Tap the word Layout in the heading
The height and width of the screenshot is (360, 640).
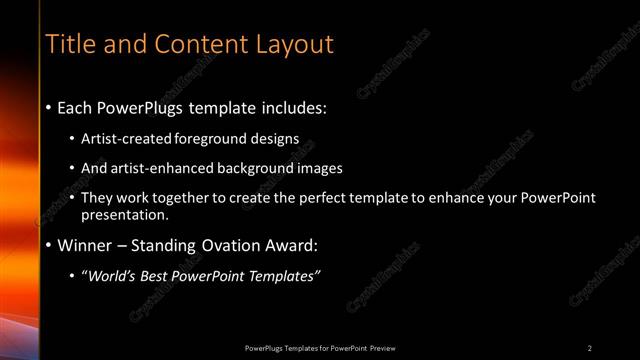pyautogui.click(x=295, y=44)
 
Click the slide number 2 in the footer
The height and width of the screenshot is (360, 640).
pyautogui.click(x=590, y=347)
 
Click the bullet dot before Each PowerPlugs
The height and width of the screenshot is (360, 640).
pyautogui.click(x=49, y=106)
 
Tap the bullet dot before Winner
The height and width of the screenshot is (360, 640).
pyautogui.click(x=49, y=245)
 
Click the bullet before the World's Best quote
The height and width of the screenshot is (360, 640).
pyautogui.click(x=74, y=275)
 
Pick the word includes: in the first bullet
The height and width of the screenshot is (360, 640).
pyautogui.click(x=291, y=106)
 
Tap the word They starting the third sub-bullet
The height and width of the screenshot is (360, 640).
pyautogui.click(x=99, y=198)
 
